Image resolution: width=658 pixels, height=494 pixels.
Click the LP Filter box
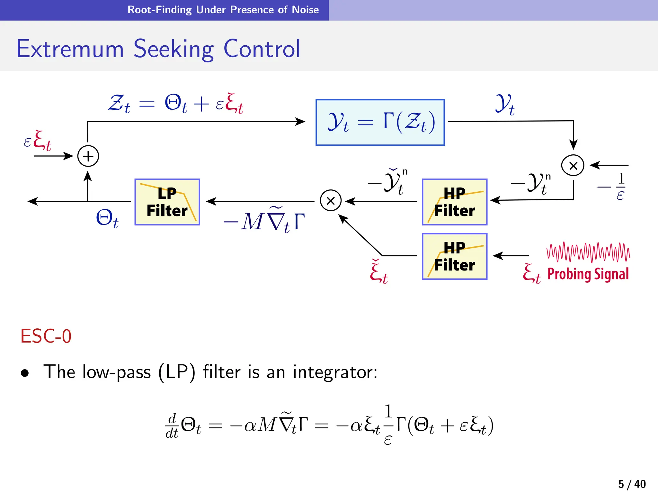point(167,202)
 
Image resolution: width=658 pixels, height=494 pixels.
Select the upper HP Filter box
point(454,202)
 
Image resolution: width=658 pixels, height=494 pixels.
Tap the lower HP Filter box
point(454,256)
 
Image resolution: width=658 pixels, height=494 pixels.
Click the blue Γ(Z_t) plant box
point(380,123)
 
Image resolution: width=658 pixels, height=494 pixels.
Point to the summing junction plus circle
point(88,156)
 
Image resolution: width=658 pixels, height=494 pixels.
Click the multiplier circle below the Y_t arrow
point(573,165)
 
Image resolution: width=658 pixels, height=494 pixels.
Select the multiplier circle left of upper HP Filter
point(331,200)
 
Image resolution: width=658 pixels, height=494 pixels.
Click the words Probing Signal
point(588,274)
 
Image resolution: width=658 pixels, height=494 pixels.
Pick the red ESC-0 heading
point(46,336)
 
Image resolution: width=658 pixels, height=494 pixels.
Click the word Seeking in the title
point(173,49)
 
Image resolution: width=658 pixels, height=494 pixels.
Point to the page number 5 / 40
point(632,484)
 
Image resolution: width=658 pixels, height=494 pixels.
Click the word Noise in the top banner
point(305,10)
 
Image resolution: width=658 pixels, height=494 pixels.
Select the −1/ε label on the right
point(615,187)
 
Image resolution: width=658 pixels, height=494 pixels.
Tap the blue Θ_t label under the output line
point(107,218)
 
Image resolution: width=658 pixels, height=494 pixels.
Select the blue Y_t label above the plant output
point(505,104)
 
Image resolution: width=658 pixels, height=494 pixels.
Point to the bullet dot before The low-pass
point(25,373)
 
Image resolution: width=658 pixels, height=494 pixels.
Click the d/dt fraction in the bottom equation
point(172,426)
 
